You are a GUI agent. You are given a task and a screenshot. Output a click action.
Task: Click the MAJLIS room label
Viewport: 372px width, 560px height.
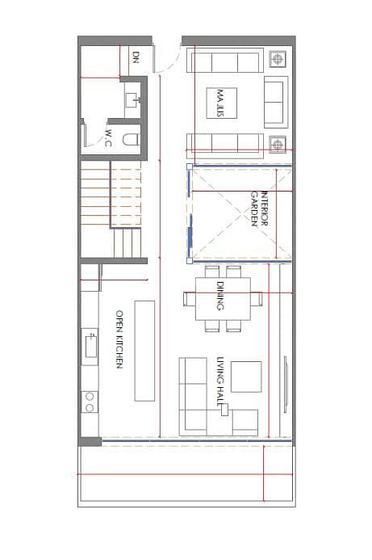pos(220,103)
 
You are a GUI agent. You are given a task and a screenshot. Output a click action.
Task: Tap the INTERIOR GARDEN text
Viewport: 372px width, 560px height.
pos(259,208)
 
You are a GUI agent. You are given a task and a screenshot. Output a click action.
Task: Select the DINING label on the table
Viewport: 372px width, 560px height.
pos(220,296)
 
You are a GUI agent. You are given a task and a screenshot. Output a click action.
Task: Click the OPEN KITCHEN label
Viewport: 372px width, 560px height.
pos(119,339)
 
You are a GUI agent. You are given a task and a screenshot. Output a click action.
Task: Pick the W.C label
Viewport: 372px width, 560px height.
pos(108,138)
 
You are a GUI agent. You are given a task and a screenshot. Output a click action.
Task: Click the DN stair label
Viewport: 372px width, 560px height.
pos(136,57)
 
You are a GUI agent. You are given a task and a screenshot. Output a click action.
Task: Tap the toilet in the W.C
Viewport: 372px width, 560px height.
pos(132,139)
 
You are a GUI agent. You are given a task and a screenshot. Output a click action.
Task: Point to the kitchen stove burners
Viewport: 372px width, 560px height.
pos(90,402)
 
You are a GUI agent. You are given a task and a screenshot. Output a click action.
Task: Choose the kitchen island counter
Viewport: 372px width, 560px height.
pos(144,351)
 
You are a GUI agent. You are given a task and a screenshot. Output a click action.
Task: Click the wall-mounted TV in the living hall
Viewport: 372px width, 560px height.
pos(286,384)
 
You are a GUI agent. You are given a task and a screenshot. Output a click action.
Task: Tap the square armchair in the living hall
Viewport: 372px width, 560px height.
pos(246,377)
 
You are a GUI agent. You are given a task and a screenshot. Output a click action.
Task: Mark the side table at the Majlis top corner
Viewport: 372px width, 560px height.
pos(278,59)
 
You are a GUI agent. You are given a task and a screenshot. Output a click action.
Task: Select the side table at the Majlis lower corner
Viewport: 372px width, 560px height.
pos(278,145)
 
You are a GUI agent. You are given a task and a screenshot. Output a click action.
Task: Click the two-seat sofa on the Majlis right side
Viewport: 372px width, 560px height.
pos(276,102)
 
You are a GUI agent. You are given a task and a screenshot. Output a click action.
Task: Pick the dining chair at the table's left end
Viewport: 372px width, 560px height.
pos(189,298)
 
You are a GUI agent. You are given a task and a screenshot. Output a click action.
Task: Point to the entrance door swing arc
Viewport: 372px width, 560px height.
pos(169,62)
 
